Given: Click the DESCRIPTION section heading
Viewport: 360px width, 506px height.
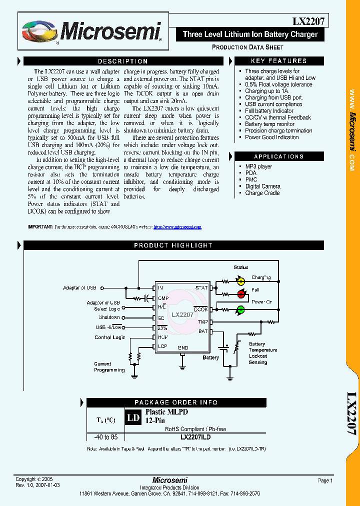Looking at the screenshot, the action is (x=122, y=61).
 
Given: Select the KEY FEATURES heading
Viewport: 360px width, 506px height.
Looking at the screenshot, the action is (x=278, y=61).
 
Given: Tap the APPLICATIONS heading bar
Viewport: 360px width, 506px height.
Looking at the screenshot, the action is (x=278, y=156).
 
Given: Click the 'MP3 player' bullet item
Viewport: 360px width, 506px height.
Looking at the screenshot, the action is (x=258, y=166).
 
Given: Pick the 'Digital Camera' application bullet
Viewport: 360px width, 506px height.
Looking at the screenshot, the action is (x=262, y=186).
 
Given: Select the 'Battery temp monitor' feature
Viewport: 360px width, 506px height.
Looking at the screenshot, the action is (x=269, y=124).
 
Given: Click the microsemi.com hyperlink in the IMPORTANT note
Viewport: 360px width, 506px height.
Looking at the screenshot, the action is (x=177, y=227).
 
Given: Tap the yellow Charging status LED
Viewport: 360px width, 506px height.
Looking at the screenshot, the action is (x=240, y=281).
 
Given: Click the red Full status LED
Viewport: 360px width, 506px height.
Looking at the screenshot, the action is (x=240, y=295).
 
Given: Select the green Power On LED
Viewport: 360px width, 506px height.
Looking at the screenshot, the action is (x=240, y=309).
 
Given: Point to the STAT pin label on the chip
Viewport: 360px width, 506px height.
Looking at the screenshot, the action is (x=201, y=288).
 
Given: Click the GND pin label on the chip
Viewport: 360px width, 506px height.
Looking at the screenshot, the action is (x=182, y=347).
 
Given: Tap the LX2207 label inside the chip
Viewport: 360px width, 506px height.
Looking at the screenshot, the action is (x=182, y=315).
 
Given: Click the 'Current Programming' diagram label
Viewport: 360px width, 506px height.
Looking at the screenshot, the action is (x=109, y=367).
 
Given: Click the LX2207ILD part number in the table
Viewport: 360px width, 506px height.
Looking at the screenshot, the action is (x=198, y=436).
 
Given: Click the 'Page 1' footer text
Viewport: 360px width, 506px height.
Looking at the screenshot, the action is (x=324, y=480).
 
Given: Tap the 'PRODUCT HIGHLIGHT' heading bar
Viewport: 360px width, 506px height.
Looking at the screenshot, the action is (x=173, y=245).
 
